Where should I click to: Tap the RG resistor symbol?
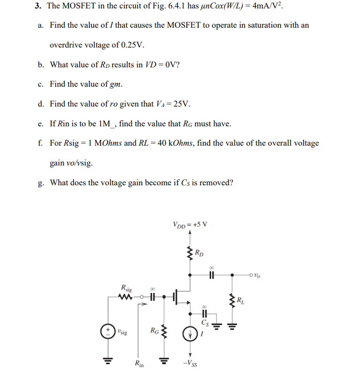(x=160, y=331)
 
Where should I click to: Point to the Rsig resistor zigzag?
(x=126, y=297)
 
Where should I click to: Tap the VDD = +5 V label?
(x=190, y=223)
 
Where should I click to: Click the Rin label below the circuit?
(x=139, y=365)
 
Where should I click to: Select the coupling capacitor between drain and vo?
(x=212, y=275)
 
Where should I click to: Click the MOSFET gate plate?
(x=175, y=297)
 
